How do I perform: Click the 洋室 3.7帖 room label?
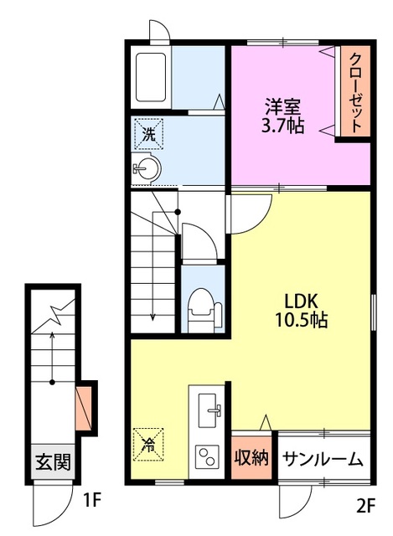282,116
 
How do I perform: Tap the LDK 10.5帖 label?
302,311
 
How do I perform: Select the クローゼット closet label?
356,92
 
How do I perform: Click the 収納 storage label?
251,458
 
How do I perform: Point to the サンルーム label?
323,459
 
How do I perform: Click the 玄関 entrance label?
53,461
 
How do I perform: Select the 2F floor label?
366,506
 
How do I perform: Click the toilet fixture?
204,311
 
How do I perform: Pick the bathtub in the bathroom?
151,77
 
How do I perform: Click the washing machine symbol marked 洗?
148,134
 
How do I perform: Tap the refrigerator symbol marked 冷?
148,445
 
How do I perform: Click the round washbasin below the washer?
147,168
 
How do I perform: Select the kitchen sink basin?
208,410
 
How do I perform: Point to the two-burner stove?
207,456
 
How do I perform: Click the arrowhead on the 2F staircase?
153,317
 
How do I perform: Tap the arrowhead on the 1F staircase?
52,335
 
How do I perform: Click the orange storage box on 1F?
84,408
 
